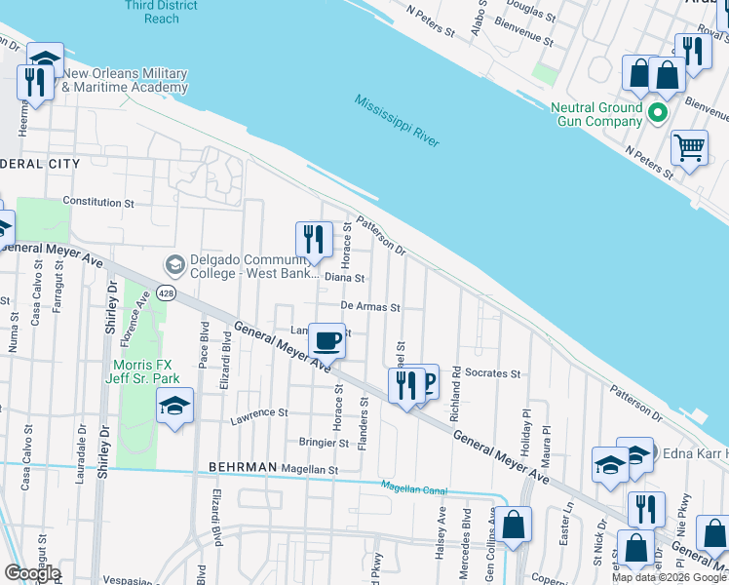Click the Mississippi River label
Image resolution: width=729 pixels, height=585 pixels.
397,122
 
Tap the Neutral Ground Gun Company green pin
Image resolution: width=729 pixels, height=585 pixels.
658,115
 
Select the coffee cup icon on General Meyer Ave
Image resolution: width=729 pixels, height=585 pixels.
326,342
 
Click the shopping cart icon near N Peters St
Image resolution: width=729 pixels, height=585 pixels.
689,148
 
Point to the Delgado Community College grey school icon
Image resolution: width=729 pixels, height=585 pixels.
175,265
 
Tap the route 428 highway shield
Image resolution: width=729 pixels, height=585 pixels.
167,293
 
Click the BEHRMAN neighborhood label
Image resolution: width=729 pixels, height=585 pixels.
242,468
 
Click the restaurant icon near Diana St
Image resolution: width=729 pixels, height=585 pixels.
314,239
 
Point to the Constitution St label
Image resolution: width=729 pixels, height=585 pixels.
98,203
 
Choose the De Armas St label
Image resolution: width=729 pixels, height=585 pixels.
370,307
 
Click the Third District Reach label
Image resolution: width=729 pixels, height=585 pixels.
161,12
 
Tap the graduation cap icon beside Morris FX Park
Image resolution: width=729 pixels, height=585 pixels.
174,406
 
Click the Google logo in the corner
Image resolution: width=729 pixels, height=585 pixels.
32,573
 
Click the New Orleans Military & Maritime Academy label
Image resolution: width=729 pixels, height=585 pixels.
125,81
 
